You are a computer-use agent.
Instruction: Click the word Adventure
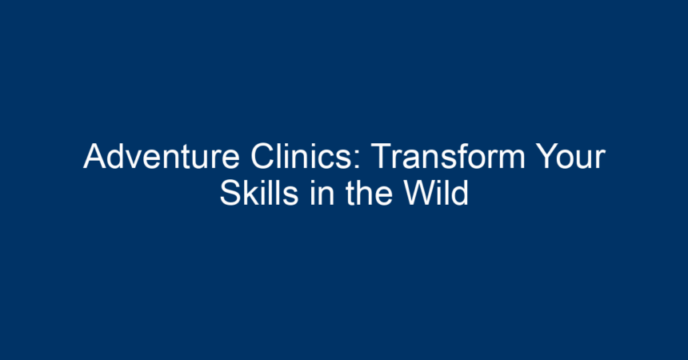162,156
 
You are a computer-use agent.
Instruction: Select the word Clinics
302,156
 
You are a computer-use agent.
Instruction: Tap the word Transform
448,156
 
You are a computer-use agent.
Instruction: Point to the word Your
571,156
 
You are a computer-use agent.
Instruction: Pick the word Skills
259,192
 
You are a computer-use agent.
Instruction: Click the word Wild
436,192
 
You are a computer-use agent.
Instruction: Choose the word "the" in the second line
369,192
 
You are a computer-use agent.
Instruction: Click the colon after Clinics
357,160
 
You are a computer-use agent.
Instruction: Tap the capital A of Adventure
96,156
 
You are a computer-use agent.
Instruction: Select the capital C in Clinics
263,156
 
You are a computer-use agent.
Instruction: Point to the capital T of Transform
382,156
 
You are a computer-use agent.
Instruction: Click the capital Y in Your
548,156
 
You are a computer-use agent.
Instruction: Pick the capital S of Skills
230,192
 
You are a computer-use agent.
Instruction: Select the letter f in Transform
460,156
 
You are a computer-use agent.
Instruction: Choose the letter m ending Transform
511,160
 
